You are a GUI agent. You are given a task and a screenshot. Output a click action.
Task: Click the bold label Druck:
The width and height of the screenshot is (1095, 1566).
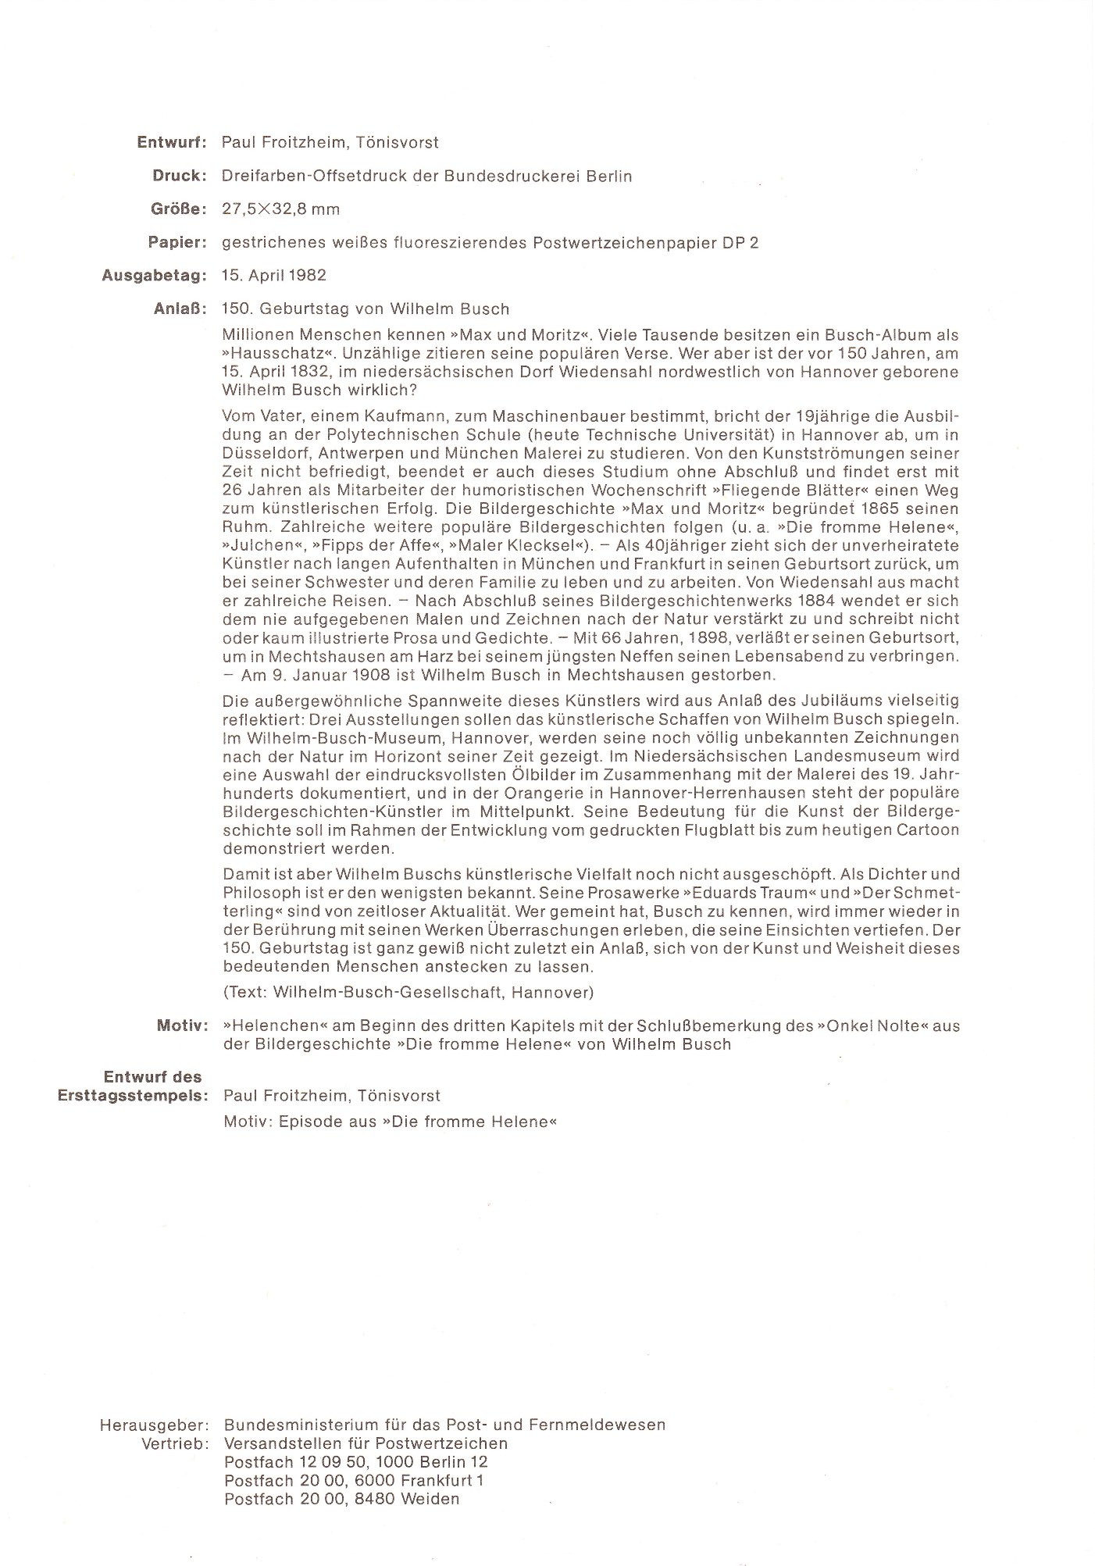(x=179, y=177)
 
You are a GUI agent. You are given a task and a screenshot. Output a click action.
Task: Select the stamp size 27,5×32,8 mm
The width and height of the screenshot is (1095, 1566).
(x=280, y=210)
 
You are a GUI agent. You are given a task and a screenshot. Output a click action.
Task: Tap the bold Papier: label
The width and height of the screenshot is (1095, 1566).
(x=177, y=243)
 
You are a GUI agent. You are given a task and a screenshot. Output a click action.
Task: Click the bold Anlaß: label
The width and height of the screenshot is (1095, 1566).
(x=180, y=309)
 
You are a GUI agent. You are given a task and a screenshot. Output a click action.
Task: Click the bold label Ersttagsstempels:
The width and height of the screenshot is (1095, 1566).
(x=133, y=1096)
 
